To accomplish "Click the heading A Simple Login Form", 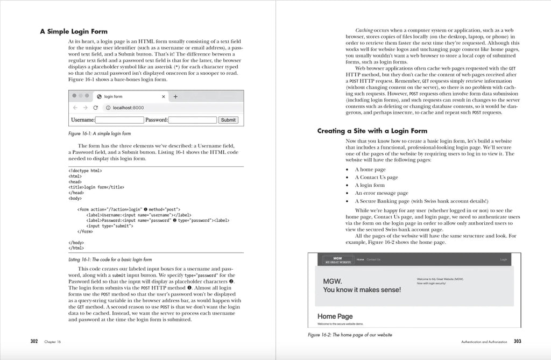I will pos(74,31).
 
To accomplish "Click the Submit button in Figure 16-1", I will pos(228,120).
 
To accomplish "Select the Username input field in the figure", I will pos(120,120).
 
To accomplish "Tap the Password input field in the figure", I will pos(193,120).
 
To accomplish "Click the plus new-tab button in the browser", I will pos(175,96).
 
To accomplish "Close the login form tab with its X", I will pos(164,97).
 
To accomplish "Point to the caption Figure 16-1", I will pos(99,133).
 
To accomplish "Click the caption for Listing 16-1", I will pos(110,259).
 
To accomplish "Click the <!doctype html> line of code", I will pos(85,171).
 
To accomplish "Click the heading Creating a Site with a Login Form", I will pos(372,131).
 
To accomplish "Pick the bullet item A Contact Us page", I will pos(376,177).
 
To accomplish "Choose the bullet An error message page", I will pos(381,193).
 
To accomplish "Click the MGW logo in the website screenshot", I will pos(337,260).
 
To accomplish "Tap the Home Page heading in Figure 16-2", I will pos(335,316).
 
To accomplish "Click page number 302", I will pos(34,341).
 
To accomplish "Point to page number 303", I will pos(517,341).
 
